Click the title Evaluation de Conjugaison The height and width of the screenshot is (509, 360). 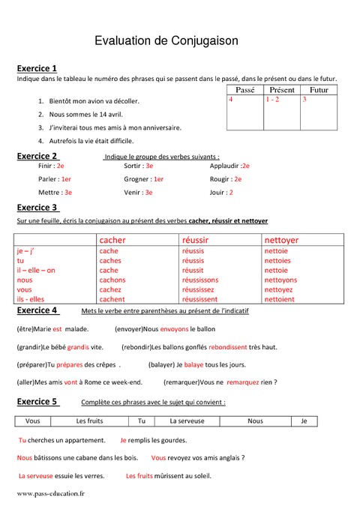pyautogui.click(x=166, y=43)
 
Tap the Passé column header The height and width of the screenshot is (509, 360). pyautogui.click(x=244, y=89)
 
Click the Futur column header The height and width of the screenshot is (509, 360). pyautogui.click(x=319, y=89)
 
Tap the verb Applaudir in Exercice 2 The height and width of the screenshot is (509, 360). pyautogui.click(x=225, y=166)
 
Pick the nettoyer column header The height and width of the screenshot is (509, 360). pyautogui.click(x=281, y=240)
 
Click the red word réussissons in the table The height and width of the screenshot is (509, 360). pyautogui.click(x=200, y=280)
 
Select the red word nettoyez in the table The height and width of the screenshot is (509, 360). pyautogui.click(x=279, y=289)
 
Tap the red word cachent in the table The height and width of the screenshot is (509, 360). pyautogui.click(x=112, y=299)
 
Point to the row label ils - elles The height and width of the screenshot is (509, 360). pyautogui.click(x=31, y=299)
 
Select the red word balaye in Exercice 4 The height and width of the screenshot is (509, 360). pyautogui.click(x=194, y=364)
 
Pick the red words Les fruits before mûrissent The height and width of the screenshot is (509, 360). pyautogui.click(x=139, y=476)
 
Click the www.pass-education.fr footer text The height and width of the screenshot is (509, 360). pyautogui.click(x=50, y=494)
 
